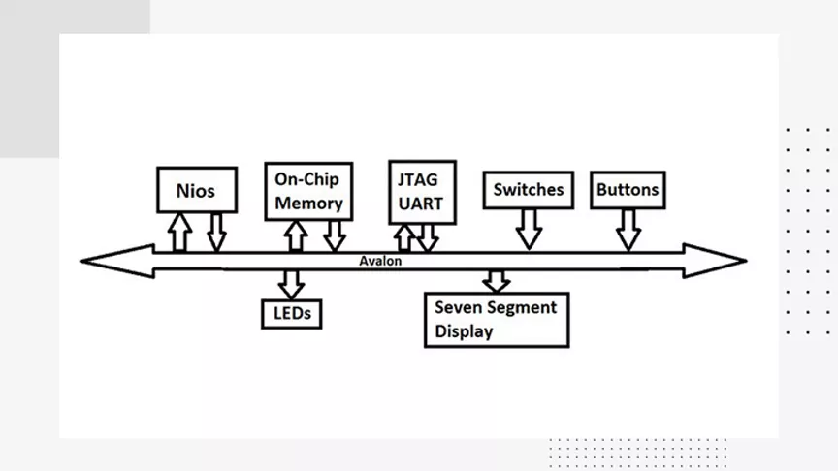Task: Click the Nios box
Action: click(197, 190)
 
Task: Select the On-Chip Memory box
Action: click(308, 191)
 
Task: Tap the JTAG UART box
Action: click(422, 192)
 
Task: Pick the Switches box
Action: click(529, 190)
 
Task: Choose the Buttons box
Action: click(628, 190)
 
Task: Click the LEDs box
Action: click(292, 314)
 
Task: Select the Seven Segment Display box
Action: click(497, 320)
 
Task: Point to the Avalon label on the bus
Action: click(380, 261)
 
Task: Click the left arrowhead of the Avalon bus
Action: click(117, 261)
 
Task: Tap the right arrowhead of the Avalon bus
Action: click(715, 261)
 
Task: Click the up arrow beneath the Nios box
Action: click(179, 233)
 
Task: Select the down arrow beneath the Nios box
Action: click(216, 233)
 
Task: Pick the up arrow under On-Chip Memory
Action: click(296, 236)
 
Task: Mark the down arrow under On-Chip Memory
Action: click(335, 236)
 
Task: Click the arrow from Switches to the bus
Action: click(530, 230)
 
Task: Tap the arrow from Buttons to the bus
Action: click(628, 230)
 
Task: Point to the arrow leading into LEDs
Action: click(291, 284)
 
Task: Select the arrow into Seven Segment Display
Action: click(497, 281)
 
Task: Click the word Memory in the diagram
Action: click(308, 204)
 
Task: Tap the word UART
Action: click(421, 204)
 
